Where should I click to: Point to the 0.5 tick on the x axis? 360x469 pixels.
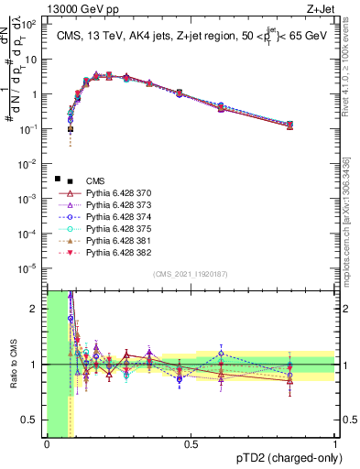[x=191, y=445]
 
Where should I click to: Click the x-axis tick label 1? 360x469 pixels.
[x=334, y=445]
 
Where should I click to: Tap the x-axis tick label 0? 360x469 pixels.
[x=47, y=445]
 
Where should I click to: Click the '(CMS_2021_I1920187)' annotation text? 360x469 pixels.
[x=191, y=274]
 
